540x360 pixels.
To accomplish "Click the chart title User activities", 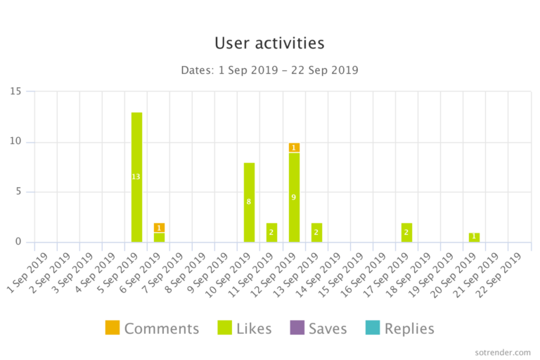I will pos(269,43).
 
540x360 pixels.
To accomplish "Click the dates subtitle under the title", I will pos(269,70).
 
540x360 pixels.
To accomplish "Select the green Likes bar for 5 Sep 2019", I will pos(136,177).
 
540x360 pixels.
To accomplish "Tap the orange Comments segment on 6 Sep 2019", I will pos(159,228).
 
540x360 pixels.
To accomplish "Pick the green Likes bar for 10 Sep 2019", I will pos(249,202).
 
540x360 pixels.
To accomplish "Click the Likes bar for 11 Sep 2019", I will pos(271,233).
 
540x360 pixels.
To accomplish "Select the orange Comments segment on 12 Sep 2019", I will pos(294,148).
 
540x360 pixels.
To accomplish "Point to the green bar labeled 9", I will pos(294,198).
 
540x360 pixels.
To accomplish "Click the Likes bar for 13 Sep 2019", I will pos(316,233).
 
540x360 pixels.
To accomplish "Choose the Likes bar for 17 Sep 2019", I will pos(406,233).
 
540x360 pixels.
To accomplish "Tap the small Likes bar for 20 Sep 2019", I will pos(474,238).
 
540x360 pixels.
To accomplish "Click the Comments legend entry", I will pos(152,328).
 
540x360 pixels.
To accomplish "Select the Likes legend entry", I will pos(245,328).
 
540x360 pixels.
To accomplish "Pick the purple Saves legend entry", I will pos(319,328).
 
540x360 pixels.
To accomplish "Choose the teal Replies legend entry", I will pos(399,328).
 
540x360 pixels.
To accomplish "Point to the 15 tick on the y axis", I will pos(15,91).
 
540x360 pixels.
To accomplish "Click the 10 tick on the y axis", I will pos(15,142).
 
